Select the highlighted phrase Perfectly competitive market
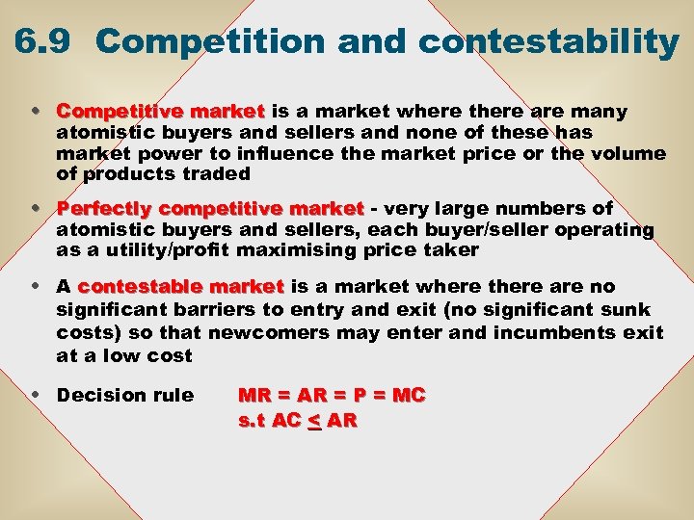210,209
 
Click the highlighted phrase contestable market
181,287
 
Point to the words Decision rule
125,396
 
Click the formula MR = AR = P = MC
332,396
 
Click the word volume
632,153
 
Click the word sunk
628,309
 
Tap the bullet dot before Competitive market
36,112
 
